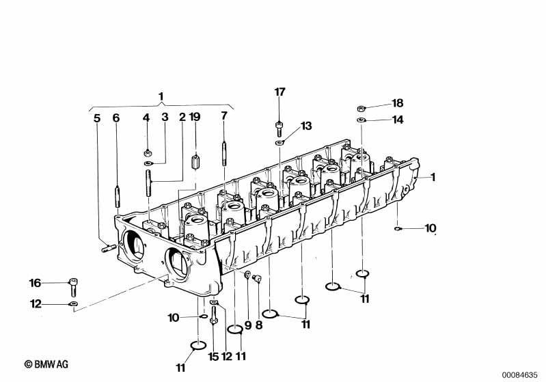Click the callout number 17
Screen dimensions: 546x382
coord(279,92)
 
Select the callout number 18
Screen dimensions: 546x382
coord(397,103)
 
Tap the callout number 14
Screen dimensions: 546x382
coord(398,120)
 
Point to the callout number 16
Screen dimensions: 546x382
coord(35,283)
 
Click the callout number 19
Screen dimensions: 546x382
coord(195,117)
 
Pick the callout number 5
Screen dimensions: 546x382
coord(97,118)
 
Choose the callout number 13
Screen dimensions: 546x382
coord(306,126)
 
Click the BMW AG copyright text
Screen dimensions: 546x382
coord(46,364)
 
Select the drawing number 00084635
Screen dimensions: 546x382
coord(519,375)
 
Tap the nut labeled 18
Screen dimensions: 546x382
coord(361,108)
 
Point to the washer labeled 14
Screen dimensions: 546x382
coord(361,120)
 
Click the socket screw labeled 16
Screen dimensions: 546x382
coord(74,286)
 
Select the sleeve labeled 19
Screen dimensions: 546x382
coord(195,162)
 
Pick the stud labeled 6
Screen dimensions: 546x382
coord(118,197)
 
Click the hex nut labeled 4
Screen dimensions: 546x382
coord(148,152)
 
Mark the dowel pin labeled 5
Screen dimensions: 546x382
coord(109,248)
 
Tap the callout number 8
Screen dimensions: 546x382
coord(259,325)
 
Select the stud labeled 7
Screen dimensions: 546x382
coord(224,153)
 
